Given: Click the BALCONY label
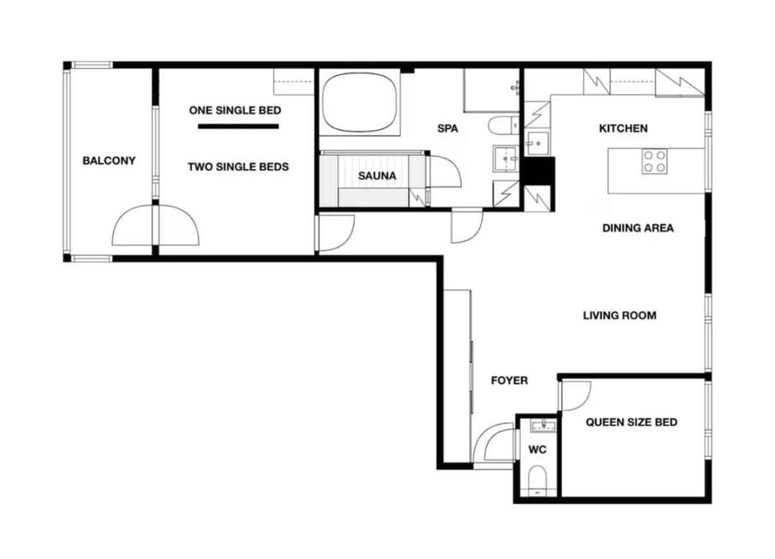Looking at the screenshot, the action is [x=109, y=161].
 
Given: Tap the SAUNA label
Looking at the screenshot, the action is [x=377, y=176].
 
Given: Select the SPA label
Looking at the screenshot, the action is [x=448, y=129].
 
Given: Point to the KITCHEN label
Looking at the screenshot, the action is [x=623, y=129].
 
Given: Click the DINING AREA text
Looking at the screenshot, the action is [x=638, y=228].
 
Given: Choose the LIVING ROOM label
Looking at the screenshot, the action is [x=619, y=315].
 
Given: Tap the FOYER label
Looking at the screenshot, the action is [x=510, y=381].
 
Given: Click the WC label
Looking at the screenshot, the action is [x=537, y=450].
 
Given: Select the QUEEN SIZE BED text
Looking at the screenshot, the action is [x=632, y=422].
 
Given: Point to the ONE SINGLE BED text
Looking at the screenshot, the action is [x=235, y=111].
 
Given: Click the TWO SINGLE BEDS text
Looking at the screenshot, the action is [x=238, y=167].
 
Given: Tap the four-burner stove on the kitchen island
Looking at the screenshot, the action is [x=655, y=161].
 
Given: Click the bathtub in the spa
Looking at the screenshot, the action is [x=359, y=102].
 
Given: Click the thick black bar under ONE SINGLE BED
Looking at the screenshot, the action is [x=238, y=127].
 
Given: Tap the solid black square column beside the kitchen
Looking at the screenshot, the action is [x=539, y=170].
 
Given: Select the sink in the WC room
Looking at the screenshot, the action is [x=544, y=426].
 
